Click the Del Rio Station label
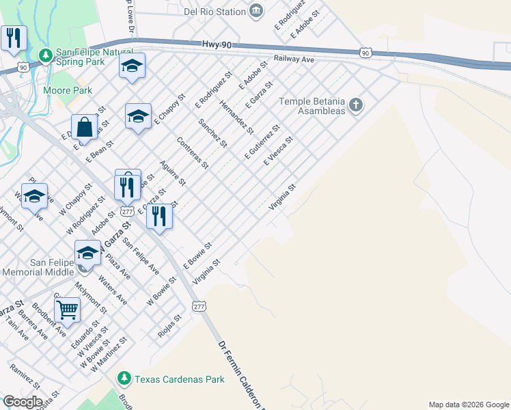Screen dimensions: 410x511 [215, 12]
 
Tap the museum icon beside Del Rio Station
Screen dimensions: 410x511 [256, 10]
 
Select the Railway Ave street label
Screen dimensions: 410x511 [294, 59]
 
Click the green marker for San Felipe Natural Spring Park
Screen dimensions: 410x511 [46, 55]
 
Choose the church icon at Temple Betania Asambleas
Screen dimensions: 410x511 [355, 106]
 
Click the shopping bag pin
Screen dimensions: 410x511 [85, 127]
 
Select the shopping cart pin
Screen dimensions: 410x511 [67, 310]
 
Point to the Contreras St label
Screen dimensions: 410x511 [192, 152]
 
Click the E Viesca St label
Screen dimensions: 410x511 [278, 151]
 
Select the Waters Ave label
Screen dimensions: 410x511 [112, 290]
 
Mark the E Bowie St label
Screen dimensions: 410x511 [198, 254]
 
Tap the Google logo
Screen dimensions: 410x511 [23, 402]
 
